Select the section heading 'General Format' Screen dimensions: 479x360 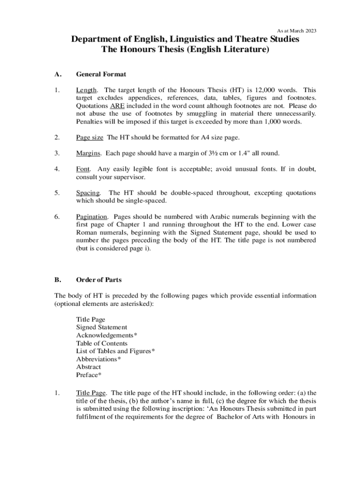pyautogui.click(x=101, y=74)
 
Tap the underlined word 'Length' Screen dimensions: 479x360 pyautogui.click(x=86, y=90)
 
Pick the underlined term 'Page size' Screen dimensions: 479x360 pyautogui.click(x=90, y=137)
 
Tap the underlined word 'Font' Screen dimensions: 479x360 pyautogui.click(x=83, y=169)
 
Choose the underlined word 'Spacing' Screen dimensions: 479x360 pyautogui.click(x=88, y=193)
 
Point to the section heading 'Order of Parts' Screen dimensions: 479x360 pyautogui.click(x=99, y=280)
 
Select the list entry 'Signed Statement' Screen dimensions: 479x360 pyautogui.click(x=101, y=327)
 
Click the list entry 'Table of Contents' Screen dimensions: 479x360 pyautogui.click(x=101, y=343)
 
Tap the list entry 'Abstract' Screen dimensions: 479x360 pyautogui.click(x=88, y=367)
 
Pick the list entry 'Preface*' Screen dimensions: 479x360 pyautogui.click(x=89, y=375)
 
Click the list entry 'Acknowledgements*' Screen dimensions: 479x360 pyautogui.click(x=107, y=335)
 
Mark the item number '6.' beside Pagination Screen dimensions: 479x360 pyautogui.click(x=57, y=217)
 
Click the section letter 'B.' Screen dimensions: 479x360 pyautogui.click(x=58, y=280)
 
